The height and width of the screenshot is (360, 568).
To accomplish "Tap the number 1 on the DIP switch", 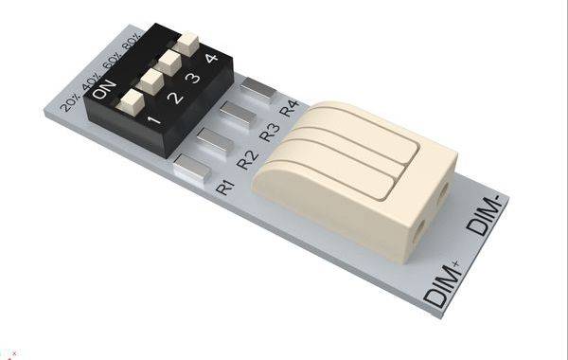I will pyautogui.click(x=154, y=121).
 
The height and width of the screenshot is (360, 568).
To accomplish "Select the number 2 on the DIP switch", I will pyautogui.click(x=175, y=98).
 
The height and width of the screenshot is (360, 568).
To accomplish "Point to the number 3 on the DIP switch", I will pyautogui.click(x=194, y=78).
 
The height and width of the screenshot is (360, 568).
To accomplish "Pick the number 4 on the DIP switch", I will pyautogui.click(x=211, y=59).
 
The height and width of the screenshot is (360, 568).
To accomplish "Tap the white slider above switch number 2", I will pyautogui.click(x=149, y=80).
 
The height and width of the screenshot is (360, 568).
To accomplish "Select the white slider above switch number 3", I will pyautogui.click(x=169, y=62).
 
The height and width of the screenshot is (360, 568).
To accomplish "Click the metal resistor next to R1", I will pyautogui.click(x=192, y=170).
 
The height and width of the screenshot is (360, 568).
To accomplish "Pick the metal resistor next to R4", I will pyautogui.click(x=257, y=88).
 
